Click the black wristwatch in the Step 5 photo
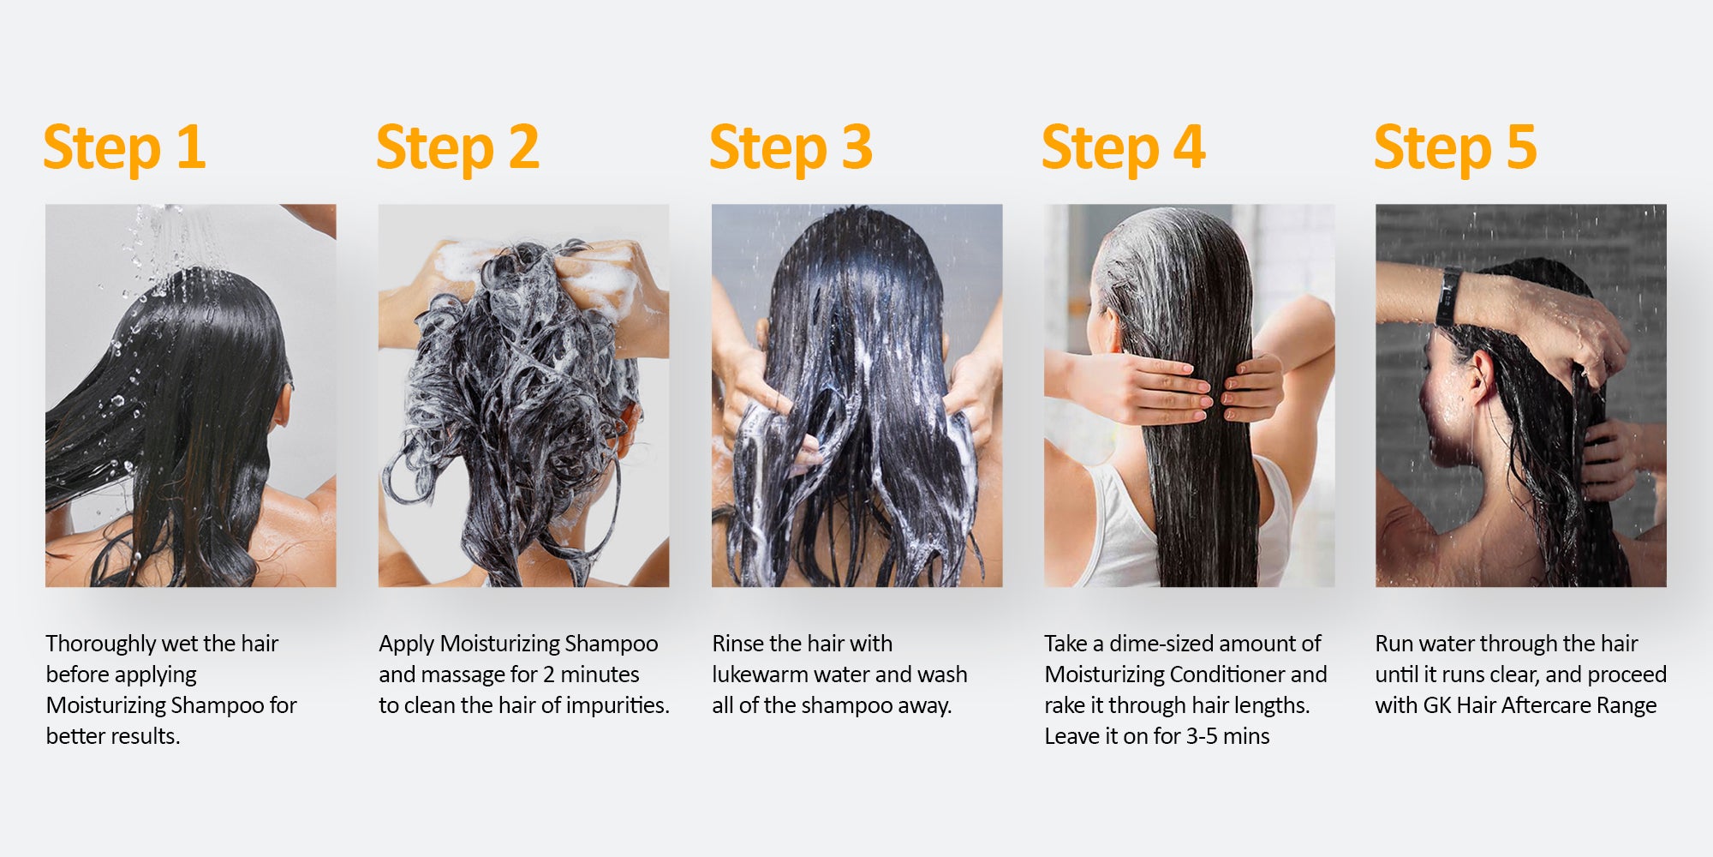click(x=1448, y=297)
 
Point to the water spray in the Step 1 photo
click(x=163, y=249)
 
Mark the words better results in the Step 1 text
click(x=113, y=736)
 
